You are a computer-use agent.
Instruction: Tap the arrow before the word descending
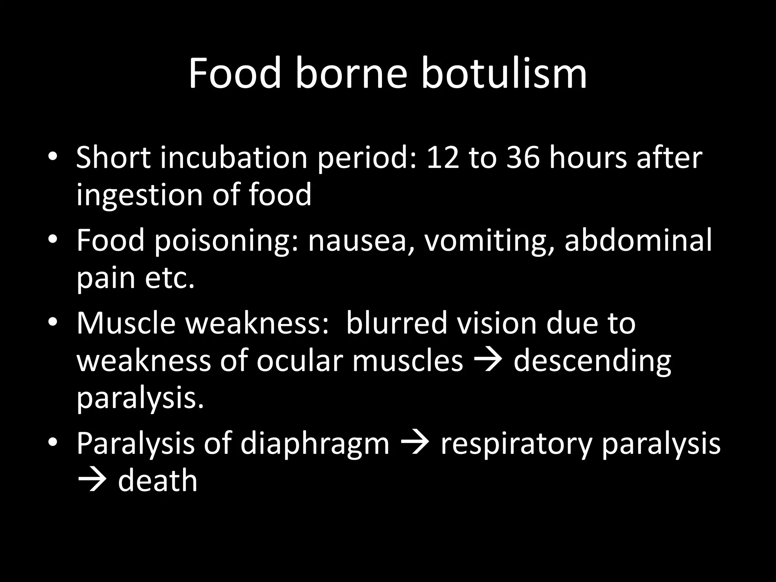[x=488, y=361]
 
